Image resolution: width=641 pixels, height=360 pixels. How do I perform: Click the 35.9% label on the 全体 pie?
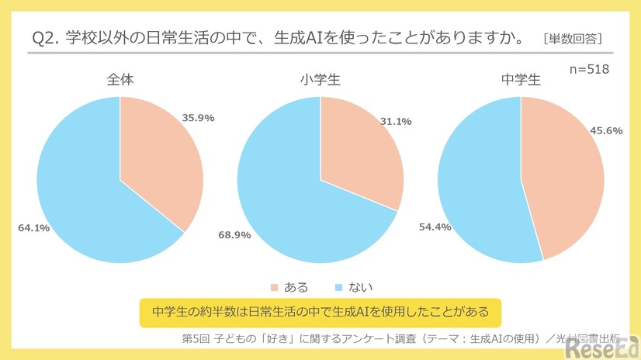[198, 118]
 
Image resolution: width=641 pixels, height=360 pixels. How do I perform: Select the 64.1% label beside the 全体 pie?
[34, 228]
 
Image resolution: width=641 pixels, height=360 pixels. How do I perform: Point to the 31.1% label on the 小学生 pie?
[395, 122]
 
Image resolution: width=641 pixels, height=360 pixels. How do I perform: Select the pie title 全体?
[120, 79]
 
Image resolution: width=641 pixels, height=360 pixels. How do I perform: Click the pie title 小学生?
[320, 79]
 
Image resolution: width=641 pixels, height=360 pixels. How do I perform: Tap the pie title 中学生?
[521, 79]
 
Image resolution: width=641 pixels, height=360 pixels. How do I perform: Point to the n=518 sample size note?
[589, 69]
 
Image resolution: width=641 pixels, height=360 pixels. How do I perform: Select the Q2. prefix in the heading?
[44, 37]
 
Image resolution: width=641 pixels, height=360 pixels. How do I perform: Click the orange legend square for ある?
[273, 288]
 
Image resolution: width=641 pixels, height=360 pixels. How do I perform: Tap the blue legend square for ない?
[338, 288]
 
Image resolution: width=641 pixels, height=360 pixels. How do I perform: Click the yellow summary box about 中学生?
[320, 312]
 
